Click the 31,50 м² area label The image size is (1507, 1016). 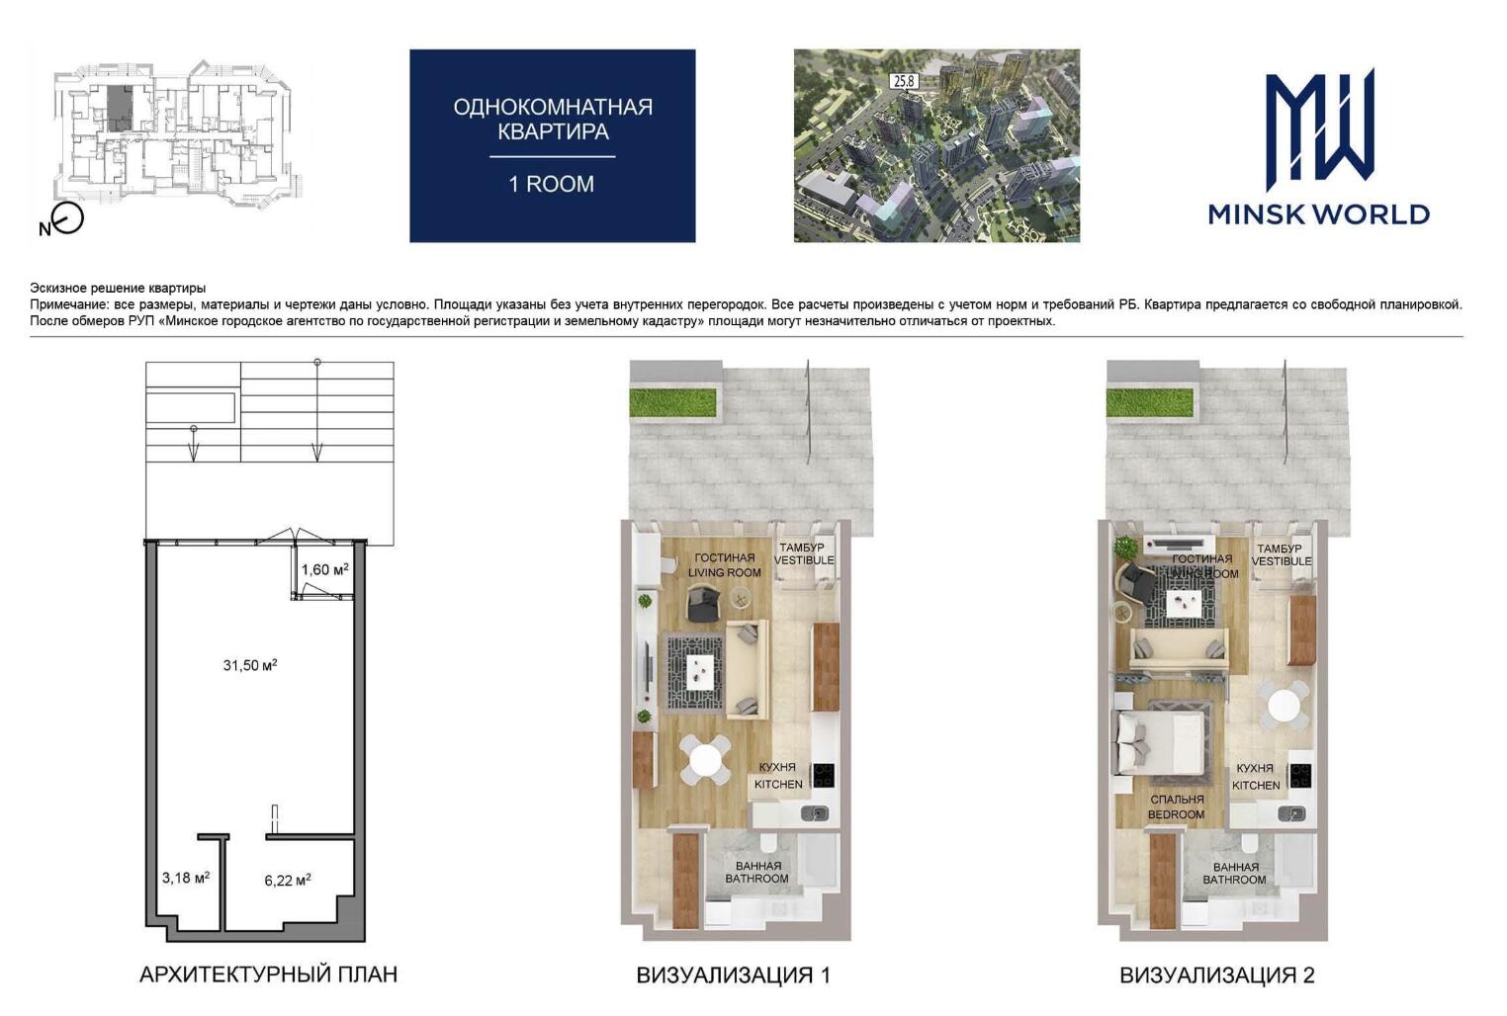click(x=250, y=665)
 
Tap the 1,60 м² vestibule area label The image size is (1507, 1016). click(x=325, y=569)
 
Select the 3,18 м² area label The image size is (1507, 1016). click(x=186, y=878)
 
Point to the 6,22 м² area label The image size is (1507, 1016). click(x=288, y=881)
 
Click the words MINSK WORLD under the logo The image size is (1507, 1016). click(x=1319, y=215)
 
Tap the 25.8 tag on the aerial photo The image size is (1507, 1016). click(x=904, y=81)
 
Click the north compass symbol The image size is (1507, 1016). click(x=66, y=219)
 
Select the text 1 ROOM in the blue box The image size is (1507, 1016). click(x=552, y=184)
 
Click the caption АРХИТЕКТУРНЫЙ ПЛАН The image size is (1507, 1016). click(x=268, y=974)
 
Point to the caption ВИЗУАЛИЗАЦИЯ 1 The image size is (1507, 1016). click(x=733, y=974)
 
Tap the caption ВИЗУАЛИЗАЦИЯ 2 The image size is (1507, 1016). click(x=1217, y=974)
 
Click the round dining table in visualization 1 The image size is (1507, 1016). click(x=704, y=760)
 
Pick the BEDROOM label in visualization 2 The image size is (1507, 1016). click(x=1176, y=815)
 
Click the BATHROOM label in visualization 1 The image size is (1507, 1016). click(x=756, y=879)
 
